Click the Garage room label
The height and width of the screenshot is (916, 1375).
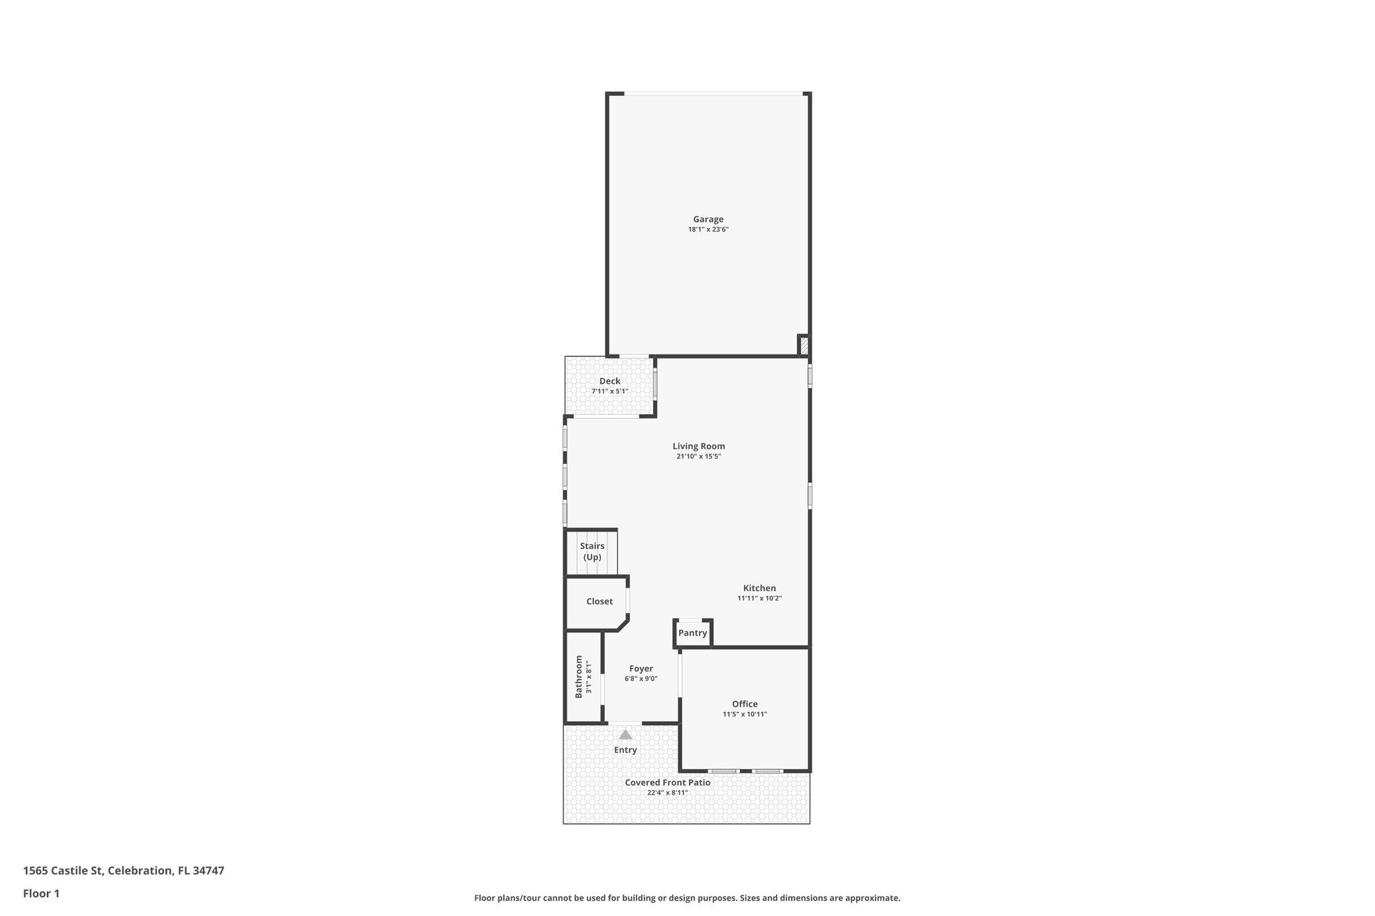point(708,219)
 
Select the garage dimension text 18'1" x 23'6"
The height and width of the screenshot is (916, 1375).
point(708,230)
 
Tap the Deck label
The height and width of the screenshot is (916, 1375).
point(610,381)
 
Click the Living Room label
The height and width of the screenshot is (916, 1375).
point(698,446)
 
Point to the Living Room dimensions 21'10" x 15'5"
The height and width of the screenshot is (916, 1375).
point(698,456)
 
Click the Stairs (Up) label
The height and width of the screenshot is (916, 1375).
point(592,552)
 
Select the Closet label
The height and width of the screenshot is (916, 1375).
point(600,601)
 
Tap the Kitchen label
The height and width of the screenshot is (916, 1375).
point(759,588)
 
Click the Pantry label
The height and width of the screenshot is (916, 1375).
point(692,633)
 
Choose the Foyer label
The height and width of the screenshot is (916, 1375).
point(641,668)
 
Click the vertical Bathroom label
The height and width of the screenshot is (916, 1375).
point(579,676)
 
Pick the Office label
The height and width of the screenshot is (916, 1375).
point(745,704)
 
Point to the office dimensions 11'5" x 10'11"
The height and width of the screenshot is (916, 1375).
point(745,715)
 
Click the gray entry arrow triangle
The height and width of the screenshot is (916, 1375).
point(625,735)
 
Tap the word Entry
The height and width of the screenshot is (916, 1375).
point(625,750)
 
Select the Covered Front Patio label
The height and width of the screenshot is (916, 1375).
point(667,782)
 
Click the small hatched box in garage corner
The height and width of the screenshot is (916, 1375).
point(804,346)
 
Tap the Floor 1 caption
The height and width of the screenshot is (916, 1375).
point(41,893)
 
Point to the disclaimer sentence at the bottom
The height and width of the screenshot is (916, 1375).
point(687,898)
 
